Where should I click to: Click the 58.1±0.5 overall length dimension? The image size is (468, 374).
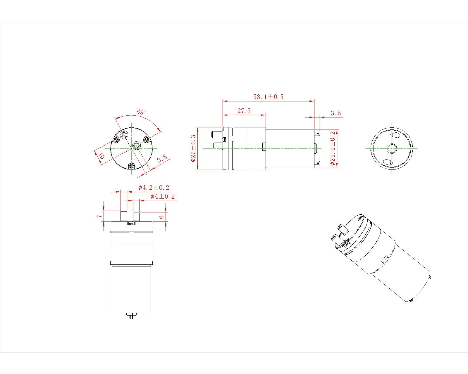tap(268, 97)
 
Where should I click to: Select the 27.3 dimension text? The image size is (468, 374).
tap(244, 111)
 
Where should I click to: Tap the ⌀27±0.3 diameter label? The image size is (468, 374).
tap(193, 148)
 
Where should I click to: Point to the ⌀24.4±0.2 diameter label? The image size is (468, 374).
tap(333, 148)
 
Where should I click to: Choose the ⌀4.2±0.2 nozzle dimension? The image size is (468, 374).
tap(154, 188)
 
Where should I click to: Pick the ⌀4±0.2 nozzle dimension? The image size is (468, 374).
tap(163, 196)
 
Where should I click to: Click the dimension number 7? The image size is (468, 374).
tap(99, 216)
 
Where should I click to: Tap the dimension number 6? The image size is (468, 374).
tap(161, 217)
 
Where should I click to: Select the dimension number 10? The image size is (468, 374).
tap(101, 155)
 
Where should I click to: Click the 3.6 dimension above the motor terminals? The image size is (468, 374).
tap(335, 113)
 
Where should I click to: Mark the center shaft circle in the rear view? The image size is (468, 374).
tap(391, 148)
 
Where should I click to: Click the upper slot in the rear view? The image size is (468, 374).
tap(394, 135)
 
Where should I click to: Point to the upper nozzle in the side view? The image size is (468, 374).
tap(216, 135)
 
